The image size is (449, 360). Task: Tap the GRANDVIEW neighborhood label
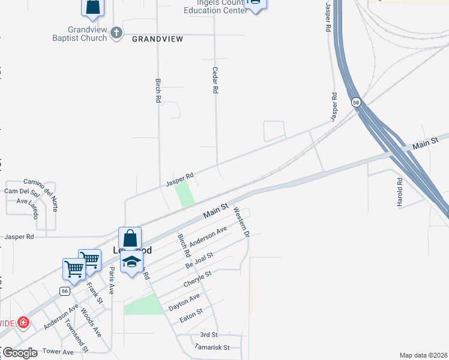point(157,38)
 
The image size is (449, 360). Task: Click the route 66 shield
point(64,290)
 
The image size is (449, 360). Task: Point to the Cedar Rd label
point(214,80)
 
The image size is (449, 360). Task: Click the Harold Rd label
point(399,192)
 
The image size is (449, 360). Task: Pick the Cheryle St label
point(197,279)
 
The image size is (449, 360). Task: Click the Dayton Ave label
point(184,301)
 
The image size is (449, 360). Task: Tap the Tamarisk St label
point(212,347)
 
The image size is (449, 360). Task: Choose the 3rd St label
point(208,334)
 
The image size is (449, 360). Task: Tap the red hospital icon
point(23,323)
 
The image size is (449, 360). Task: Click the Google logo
point(20,353)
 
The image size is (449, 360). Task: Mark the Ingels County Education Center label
point(215,7)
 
